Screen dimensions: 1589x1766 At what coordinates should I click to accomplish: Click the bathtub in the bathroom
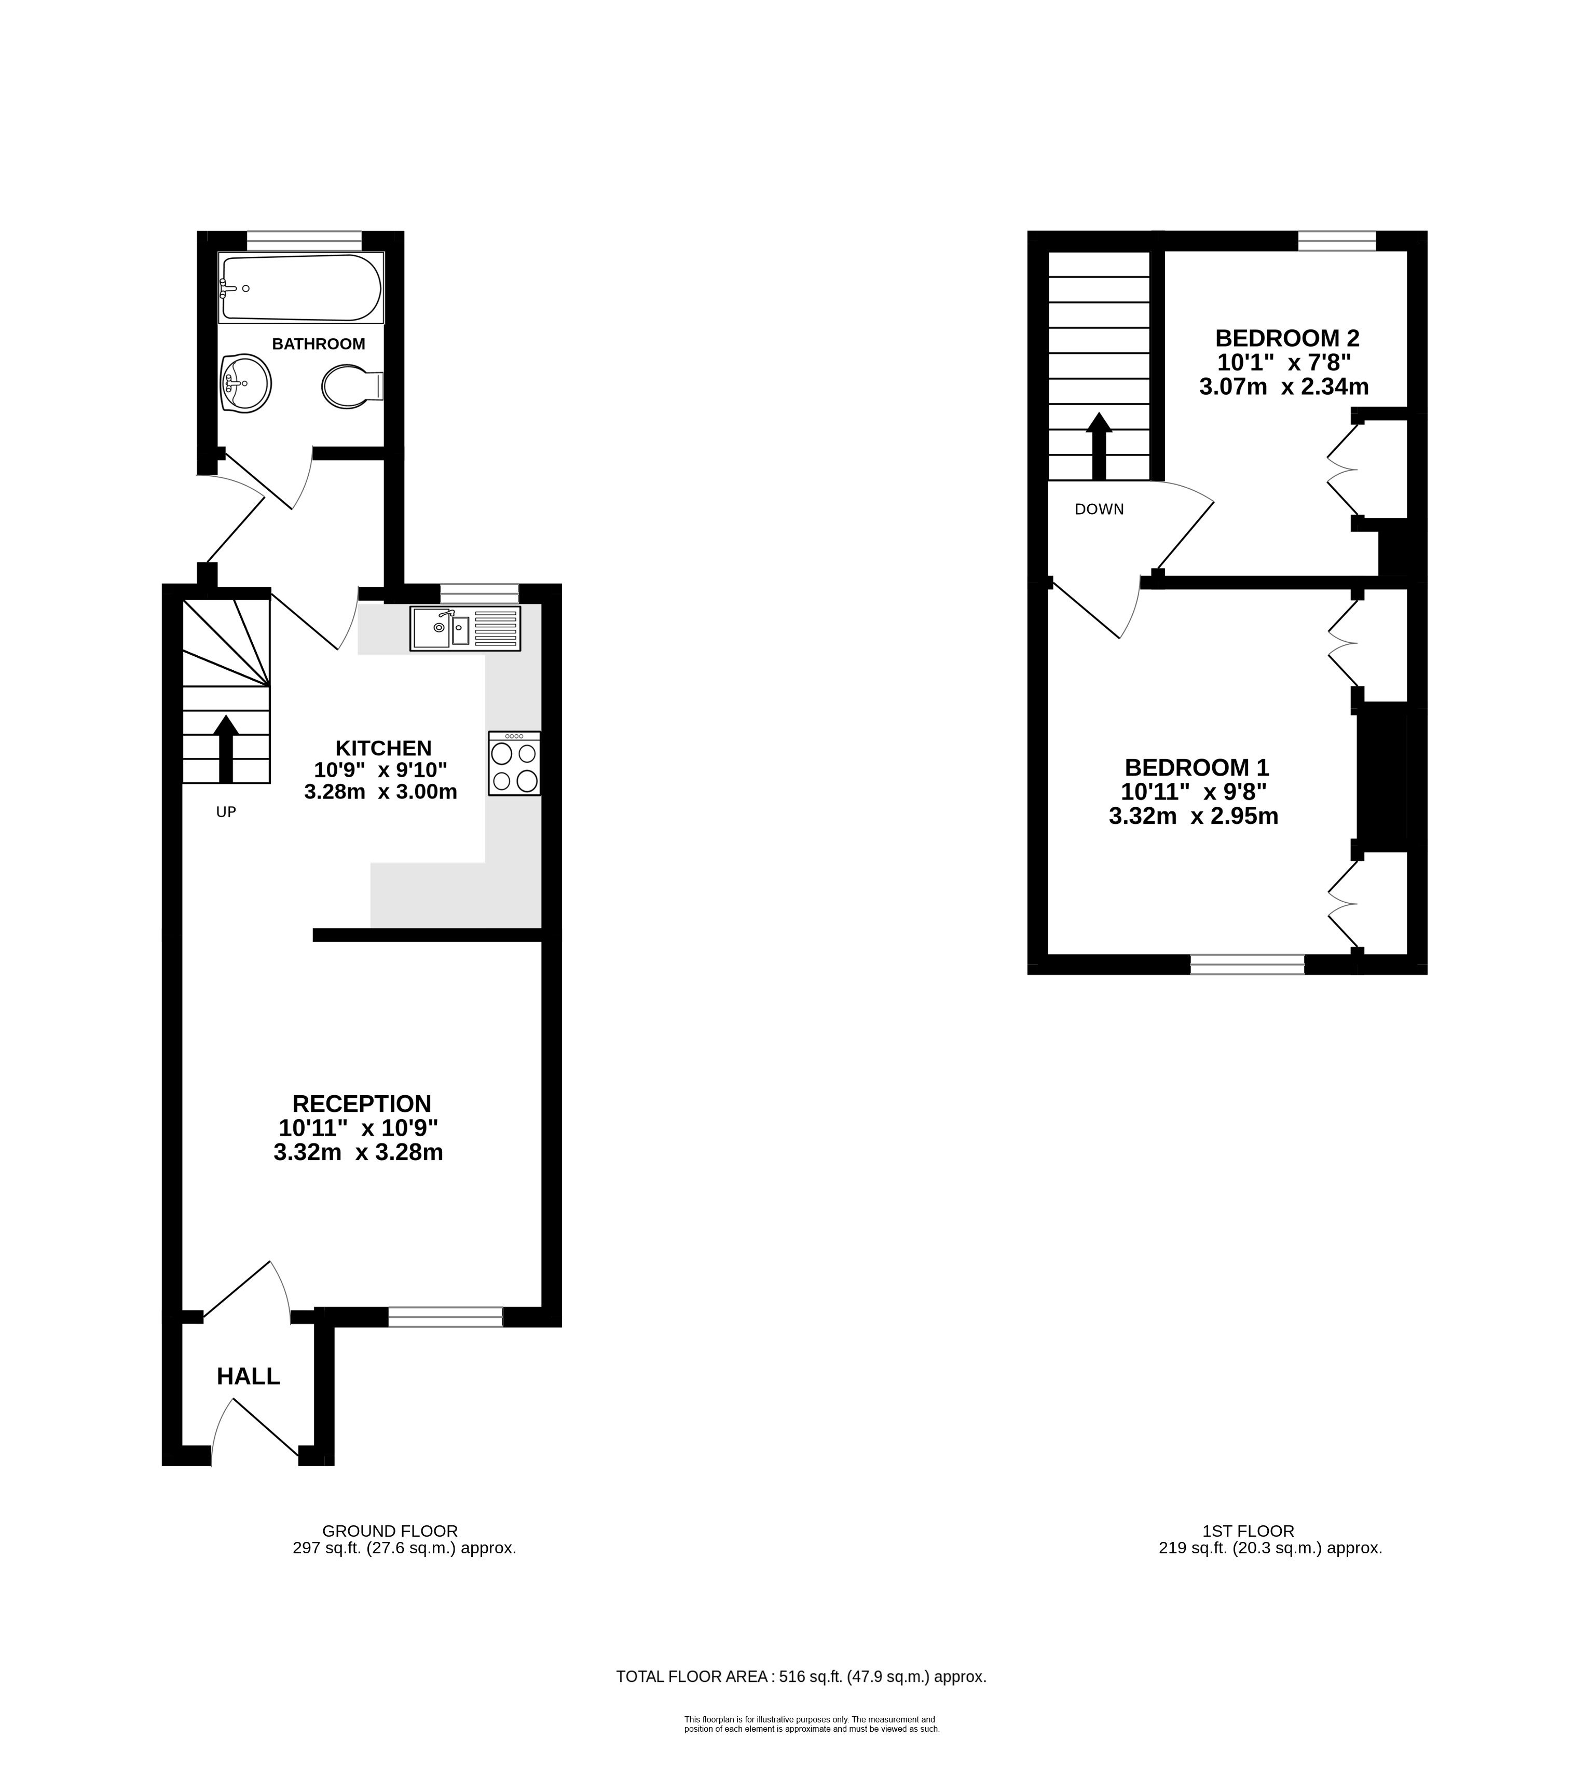300,287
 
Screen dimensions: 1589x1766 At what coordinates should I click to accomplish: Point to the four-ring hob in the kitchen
514,763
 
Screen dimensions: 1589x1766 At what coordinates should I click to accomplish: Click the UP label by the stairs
226,812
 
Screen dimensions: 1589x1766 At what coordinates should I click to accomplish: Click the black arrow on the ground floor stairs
226,748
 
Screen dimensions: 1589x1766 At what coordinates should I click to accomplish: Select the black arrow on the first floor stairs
1098,446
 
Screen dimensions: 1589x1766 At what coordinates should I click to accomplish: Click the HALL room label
248,1377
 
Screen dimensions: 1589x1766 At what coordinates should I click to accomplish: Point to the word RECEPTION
362,1103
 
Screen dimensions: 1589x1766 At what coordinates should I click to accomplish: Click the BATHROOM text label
319,344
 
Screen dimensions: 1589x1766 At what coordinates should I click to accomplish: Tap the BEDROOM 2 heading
1288,338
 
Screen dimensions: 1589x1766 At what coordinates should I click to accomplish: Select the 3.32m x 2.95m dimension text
1194,816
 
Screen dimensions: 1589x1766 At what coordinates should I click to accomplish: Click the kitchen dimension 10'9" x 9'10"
381,770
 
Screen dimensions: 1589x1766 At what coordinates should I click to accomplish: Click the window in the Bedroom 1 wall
1246,964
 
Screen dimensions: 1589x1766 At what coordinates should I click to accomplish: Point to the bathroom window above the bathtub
304,240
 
